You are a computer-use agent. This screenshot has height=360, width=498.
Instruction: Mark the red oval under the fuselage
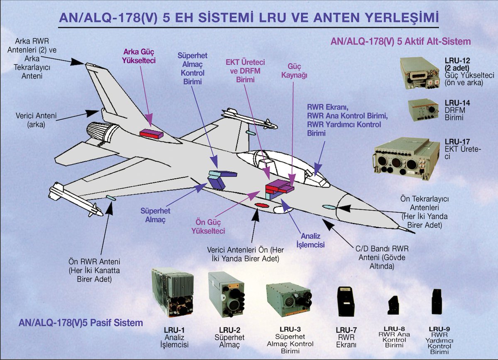(x=261, y=205)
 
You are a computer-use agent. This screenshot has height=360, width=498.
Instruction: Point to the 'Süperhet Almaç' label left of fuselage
(x=156, y=215)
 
